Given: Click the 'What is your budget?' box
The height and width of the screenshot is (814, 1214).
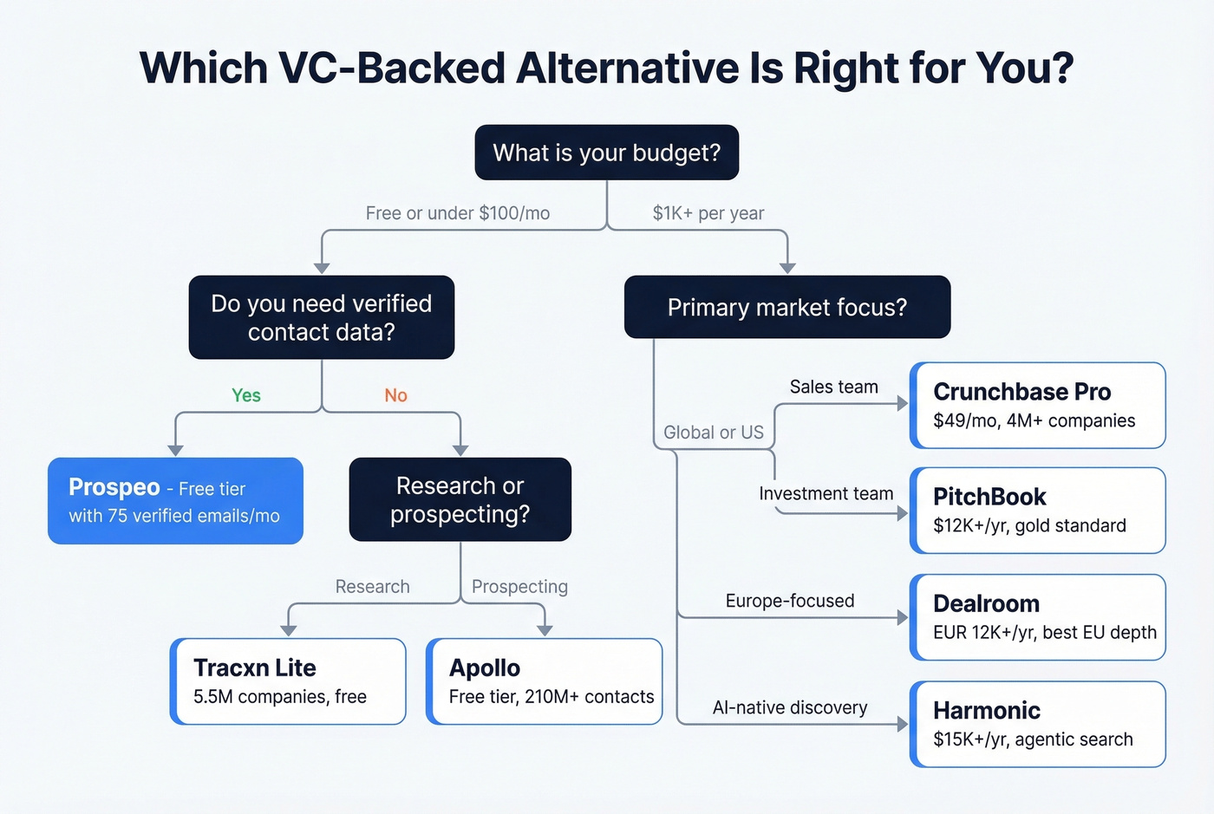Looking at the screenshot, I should point(606,153).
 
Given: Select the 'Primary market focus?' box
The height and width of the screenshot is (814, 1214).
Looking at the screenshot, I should point(786,307).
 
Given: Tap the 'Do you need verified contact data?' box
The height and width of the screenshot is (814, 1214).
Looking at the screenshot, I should point(321,317).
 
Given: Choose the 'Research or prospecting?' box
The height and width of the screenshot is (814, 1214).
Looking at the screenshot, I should point(460,499).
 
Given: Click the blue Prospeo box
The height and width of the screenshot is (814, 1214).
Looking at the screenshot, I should point(175,501).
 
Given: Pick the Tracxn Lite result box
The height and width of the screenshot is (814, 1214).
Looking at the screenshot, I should point(288,681).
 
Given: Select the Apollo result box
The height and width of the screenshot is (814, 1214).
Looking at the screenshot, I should point(545,681).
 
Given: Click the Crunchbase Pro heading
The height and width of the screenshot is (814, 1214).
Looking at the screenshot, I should point(1021,392).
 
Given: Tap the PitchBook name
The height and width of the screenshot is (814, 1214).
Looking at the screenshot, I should point(989,497).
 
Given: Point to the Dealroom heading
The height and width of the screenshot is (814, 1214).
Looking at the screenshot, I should point(986,603).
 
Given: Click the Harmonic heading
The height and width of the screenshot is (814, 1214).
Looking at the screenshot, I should point(986,710).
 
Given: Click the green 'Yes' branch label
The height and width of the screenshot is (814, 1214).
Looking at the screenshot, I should point(246,395).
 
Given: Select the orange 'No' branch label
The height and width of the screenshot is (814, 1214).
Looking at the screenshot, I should point(395,395).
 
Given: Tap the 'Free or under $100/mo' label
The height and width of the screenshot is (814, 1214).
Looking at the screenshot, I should point(457,213).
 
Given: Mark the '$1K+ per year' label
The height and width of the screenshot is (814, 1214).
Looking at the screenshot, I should point(708,213).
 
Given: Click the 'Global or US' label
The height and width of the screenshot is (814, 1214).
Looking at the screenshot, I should point(713,433).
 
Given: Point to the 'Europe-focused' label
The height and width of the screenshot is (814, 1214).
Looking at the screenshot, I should point(789,601).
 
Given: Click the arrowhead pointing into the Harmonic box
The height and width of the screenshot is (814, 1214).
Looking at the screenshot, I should point(903,724).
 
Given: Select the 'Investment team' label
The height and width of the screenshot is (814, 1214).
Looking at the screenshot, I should point(826,493).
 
